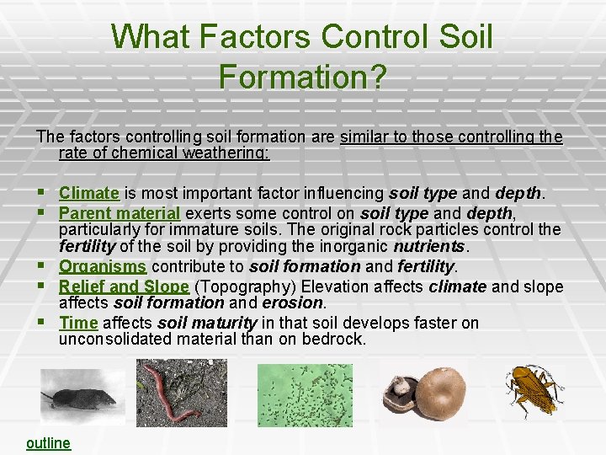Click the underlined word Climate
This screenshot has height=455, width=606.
[88, 193]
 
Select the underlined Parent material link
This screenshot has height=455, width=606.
[120, 212]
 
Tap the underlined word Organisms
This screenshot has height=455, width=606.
[102, 266]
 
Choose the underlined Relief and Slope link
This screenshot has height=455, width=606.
[124, 286]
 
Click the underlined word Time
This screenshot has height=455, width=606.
[78, 323]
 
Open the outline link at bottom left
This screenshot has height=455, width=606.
[48, 443]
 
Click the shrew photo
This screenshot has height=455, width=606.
[70, 397]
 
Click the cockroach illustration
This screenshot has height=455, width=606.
[534, 390]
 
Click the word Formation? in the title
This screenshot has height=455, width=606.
[302, 77]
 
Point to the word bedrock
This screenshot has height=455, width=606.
[337, 340]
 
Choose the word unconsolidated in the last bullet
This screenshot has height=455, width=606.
[113, 340]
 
